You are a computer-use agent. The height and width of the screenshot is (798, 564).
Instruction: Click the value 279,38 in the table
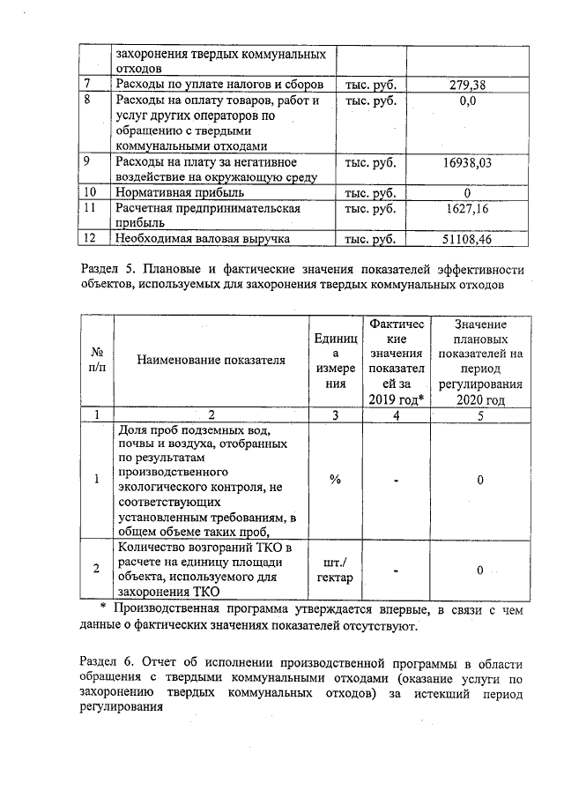pos(466,85)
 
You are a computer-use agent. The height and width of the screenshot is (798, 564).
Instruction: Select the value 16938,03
pos(466,163)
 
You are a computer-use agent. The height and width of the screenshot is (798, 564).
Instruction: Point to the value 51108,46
pos(466,238)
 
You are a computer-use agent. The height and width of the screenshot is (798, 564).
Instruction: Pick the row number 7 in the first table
pos(86,85)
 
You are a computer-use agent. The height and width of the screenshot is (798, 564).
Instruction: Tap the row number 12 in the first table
pos(88,238)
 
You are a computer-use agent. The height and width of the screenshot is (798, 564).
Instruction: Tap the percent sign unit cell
pos(335,480)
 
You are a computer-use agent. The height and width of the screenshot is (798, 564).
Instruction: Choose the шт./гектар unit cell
pos(335,570)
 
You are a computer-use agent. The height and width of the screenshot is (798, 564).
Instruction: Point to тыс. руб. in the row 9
pos(370,163)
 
